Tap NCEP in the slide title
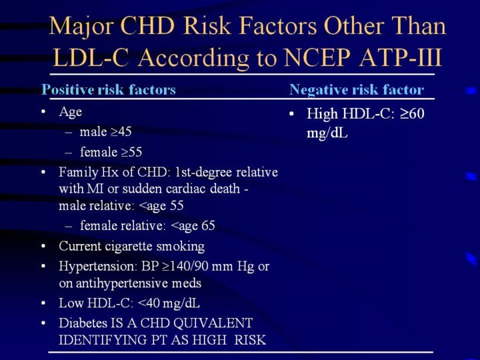click(x=317, y=57)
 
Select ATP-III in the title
click(x=401, y=57)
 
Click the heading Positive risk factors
click(x=109, y=90)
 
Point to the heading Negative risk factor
click(x=357, y=90)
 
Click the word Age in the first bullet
click(x=71, y=113)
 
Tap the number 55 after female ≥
click(x=135, y=152)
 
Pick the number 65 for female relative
click(x=208, y=225)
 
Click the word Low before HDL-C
click(x=71, y=303)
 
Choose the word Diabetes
click(x=83, y=323)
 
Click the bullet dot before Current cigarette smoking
click(x=43, y=246)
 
